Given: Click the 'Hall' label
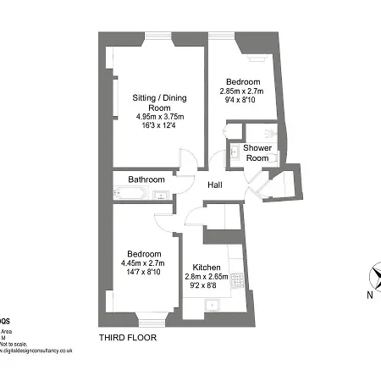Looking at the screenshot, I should click(x=216, y=185).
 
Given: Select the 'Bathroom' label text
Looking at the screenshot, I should click(x=146, y=179).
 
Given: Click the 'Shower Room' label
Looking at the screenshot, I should click(x=257, y=153).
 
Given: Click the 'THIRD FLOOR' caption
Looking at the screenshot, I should click(x=128, y=337).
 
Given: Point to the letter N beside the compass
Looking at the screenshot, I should click(x=369, y=295).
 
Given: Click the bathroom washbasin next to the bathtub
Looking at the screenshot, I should click(x=158, y=196).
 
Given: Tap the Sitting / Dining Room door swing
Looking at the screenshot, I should click(x=188, y=161).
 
